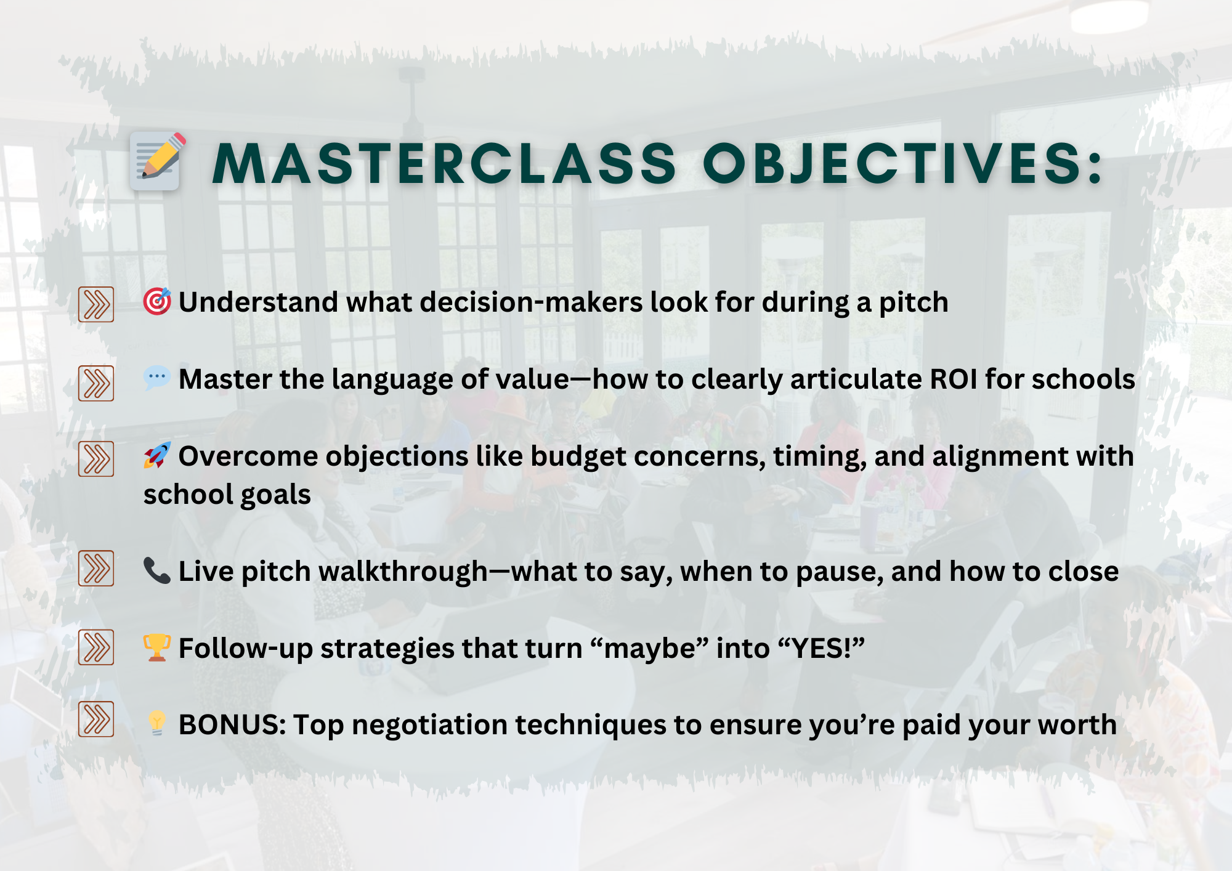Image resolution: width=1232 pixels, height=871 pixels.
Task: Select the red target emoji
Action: [157, 301]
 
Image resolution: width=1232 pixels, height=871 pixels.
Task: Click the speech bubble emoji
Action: [157, 378]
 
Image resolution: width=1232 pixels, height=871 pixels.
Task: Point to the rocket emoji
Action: [157, 455]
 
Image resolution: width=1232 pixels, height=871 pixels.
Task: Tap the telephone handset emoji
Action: [157, 570]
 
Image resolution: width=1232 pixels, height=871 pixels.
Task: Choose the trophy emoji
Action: [157, 647]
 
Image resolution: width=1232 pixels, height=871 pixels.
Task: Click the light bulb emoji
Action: [157, 724]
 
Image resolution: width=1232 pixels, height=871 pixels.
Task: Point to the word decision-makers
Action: [531, 302]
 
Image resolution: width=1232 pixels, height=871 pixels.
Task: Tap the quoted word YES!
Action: [821, 648]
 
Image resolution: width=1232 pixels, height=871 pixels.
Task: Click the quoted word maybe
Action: [649, 648]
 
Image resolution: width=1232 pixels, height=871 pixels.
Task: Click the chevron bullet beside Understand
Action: [96, 304]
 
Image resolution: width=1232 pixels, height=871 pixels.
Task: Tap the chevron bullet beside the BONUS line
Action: [96, 719]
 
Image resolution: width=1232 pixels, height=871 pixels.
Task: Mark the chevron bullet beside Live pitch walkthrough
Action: [96, 568]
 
